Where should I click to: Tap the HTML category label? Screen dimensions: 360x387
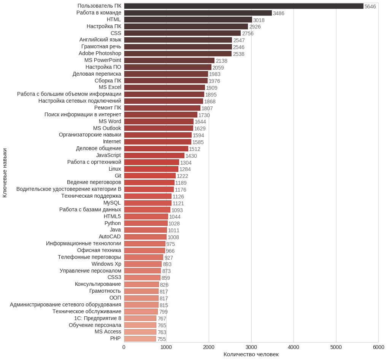[x=114, y=19]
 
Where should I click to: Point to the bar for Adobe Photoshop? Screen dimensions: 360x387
[x=178, y=54]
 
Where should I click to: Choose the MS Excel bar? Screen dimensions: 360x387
[x=164, y=87]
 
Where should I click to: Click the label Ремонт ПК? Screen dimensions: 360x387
[x=108, y=108]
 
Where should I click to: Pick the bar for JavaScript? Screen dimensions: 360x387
[x=154, y=155]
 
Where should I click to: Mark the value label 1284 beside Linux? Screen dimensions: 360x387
[x=185, y=169]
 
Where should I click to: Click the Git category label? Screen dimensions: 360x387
[x=118, y=176]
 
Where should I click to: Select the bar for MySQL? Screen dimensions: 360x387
[x=148, y=203]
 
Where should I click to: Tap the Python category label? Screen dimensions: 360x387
[x=113, y=223]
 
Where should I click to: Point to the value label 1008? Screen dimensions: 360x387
[x=173, y=237]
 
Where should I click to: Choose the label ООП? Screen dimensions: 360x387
[x=115, y=298]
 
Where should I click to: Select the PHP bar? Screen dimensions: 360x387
[x=140, y=339]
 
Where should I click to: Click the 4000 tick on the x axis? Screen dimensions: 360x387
[x=293, y=347]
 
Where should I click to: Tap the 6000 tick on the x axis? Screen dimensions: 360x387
[x=378, y=347]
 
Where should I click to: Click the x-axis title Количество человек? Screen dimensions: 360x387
[x=251, y=354]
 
